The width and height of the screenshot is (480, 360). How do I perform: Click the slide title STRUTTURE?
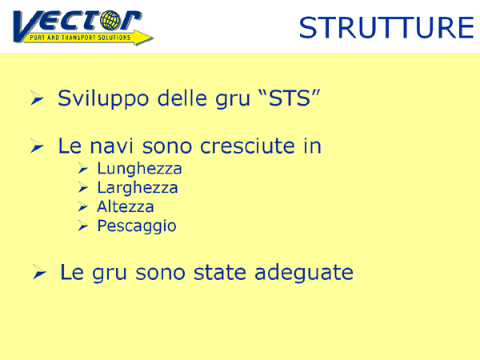[x=386, y=27]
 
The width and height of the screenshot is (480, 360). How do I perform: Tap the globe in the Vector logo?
[x=110, y=20]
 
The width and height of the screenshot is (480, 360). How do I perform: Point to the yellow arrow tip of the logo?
[x=153, y=38]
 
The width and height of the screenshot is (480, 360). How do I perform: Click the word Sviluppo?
[x=103, y=99]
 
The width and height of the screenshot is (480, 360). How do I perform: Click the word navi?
[x=112, y=146]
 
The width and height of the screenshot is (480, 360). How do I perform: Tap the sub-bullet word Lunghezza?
[x=139, y=169]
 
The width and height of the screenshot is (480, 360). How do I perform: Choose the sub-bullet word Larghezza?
[x=138, y=188]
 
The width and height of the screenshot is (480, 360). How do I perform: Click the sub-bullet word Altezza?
[x=126, y=206]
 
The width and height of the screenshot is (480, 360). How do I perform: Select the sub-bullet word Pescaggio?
[x=137, y=226]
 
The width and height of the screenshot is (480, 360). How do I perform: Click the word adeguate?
[x=304, y=272]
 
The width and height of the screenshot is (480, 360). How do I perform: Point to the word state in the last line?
[x=220, y=273]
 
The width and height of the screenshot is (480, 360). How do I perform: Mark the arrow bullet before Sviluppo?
[x=37, y=98]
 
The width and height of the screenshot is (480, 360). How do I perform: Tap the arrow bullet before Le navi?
[x=37, y=146]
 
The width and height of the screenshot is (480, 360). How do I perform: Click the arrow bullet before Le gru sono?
[x=39, y=272]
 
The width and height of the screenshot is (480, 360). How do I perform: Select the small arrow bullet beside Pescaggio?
[x=82, y=226]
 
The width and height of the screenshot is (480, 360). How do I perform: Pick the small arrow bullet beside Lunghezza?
[x=82, y=168]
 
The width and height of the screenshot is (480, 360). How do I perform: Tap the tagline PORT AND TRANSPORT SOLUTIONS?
[x=80, y=38]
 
